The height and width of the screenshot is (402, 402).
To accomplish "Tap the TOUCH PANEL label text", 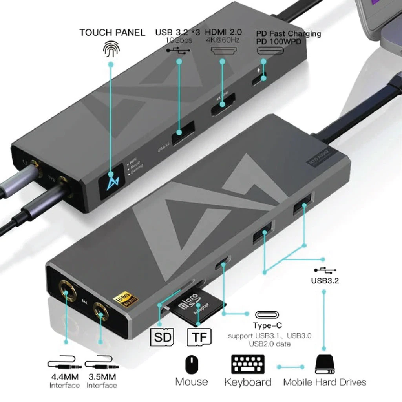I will [x=112, y=33].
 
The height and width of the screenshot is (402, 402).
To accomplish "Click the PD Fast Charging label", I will [x=289, y=34].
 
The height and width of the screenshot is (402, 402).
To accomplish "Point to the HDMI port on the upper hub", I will [x=223, y=104].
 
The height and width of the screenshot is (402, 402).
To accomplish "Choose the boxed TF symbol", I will [x=199, y=337].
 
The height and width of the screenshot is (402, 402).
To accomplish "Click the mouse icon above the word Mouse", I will [x=192, y=364].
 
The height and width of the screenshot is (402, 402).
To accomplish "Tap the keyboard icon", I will [x=248, y=365].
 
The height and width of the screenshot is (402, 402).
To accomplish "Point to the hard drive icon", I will [x=324, y=365].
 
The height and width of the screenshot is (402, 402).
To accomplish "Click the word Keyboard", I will [x=248, y=382].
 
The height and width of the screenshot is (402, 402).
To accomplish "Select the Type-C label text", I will [x=267, y=325].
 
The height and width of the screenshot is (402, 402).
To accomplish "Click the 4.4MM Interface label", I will [x=65, y=381].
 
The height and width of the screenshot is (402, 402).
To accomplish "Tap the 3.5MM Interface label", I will [x=102, y=381].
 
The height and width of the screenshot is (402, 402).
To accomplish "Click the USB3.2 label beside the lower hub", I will [x=325, y=281].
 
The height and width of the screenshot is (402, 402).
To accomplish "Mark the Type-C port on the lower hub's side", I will [x=223, y=263].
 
